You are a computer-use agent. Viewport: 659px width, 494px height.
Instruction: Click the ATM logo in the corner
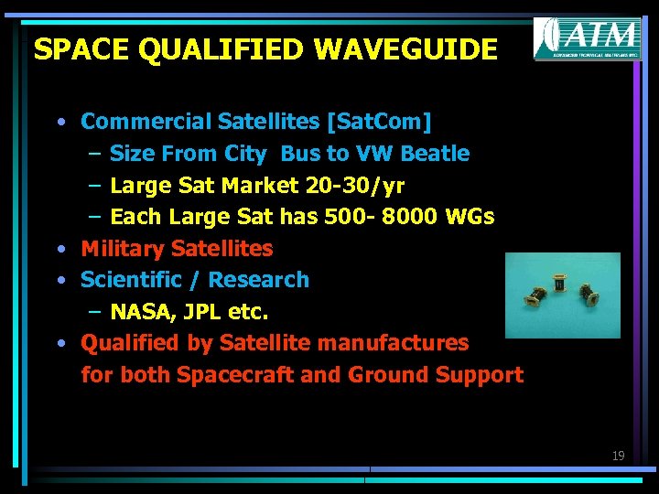point(587,39)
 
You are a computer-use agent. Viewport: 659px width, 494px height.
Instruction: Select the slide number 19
point(618,456)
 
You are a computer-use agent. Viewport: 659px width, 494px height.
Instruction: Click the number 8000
point(409,217)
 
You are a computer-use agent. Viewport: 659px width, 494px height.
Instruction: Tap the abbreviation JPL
point(200,312)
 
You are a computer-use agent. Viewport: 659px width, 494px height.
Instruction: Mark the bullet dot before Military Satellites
point(59,249)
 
